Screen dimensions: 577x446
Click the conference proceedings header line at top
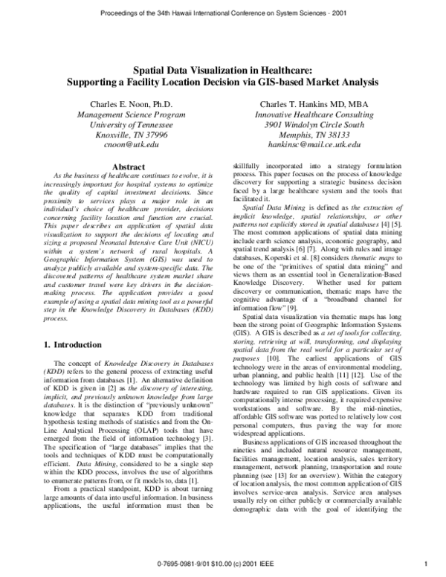click(x=222, y=13)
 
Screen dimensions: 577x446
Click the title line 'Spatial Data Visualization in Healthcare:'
click(x=222, y=67)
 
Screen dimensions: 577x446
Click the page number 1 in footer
click(x=422, y=564)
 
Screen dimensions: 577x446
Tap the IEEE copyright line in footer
click(x=222, y=564)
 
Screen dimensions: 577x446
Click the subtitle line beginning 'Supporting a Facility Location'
click(x=222, y=79)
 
